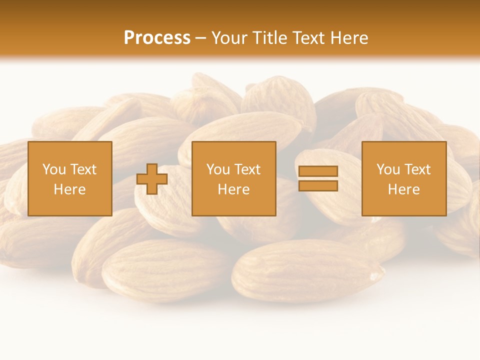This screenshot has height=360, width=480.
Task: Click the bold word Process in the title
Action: click(157, 38)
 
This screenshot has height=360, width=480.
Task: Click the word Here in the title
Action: click(350, 38)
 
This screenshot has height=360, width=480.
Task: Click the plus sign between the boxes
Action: click(152, 179)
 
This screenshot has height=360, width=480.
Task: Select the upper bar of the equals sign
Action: click(318, 171)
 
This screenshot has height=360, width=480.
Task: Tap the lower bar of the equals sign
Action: click(318, 186)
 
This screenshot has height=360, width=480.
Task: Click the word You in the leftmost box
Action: click(54, 169)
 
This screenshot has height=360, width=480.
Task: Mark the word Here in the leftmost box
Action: click(69, 189)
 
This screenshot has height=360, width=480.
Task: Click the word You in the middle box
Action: click(218, 169)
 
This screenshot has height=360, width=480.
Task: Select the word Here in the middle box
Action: click(233, 189)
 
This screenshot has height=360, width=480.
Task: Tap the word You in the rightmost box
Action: click(388, 169)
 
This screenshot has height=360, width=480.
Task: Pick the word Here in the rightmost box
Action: click(403, 189)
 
